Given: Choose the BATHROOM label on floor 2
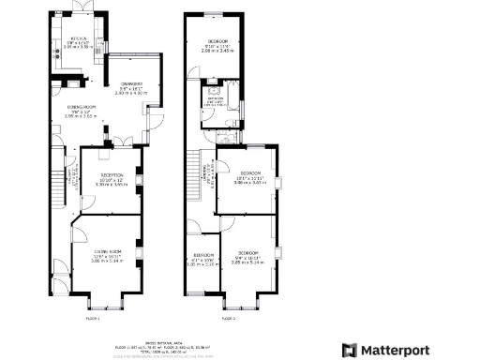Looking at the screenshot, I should pyautogui.click(x=215, y=100).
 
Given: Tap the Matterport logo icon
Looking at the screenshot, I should pyautogui.click(x=349, y=350).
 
